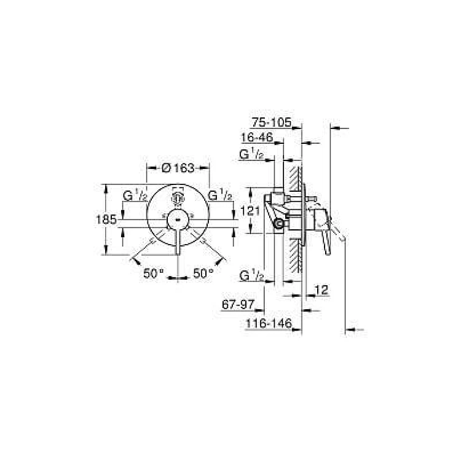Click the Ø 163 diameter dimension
(x=178, y=168)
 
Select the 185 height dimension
(x=106, y=219)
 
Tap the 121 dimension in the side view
(x=250, y=211)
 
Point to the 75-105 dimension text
(x=271, y=122)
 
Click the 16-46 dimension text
(x=257, y=137)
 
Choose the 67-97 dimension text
(x=238, y=305)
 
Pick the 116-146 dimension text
(x=269, y=323)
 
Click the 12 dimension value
(x=321, y=290)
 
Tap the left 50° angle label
(x=153, y=274)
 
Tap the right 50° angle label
(x=203, y=274)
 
